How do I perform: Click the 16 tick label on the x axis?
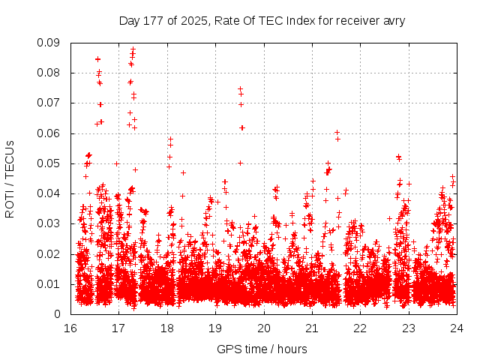70,328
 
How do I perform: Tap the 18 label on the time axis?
167,328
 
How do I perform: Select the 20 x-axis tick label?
263,328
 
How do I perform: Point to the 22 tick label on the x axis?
360,328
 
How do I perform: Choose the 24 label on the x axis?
456,328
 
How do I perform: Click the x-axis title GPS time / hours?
262,349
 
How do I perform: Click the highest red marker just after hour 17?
133,50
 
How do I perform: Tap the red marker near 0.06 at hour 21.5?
337,133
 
